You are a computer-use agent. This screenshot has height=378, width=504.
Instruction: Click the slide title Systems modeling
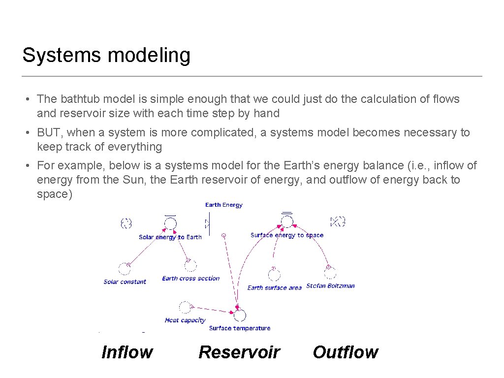click(x=106, y=55)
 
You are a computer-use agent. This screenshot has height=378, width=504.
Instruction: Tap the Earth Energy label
click(x=224, y=205)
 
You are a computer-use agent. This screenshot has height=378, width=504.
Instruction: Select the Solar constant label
click(x=125, y=282)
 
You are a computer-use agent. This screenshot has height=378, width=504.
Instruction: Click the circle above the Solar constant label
click(x=124, y=269)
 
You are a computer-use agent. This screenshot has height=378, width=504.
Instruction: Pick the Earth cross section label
click(x=191, y=278)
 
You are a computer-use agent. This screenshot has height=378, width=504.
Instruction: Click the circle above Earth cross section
click(x=190, y=265)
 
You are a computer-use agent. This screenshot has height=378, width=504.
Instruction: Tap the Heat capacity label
click(x=185, y=320)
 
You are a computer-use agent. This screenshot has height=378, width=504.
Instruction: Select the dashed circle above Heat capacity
click(x=185, y=307)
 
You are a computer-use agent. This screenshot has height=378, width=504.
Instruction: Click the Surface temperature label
click(x=240, y=328)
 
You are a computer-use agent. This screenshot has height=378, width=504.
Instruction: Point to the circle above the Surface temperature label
click(x=240, y=315)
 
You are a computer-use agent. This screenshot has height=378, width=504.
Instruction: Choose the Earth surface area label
click(x=275, y=288)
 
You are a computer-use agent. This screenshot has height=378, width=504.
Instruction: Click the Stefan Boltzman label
click(x=330, y=285)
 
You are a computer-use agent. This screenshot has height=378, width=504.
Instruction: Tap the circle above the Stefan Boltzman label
click(x=330, y=272)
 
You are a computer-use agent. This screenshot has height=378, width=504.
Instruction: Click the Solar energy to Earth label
click(x=170, y=237)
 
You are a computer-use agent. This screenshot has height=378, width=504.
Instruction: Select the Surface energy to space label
click(x=287, y=235)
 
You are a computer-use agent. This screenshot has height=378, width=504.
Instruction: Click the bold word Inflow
click(x=127, y=352)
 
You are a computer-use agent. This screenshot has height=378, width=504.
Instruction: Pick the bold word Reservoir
click(x=239, y=352)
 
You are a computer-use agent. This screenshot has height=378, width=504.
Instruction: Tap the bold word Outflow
click(x=345, y=352)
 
